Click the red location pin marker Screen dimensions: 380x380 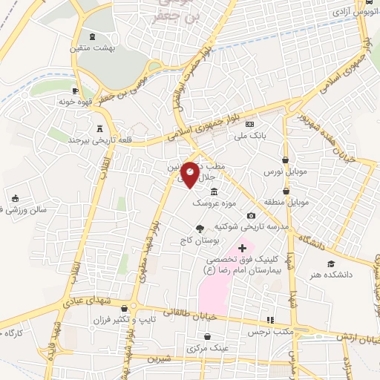click(x=190, y=173)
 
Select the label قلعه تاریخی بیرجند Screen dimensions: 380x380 click(x=78, y=139)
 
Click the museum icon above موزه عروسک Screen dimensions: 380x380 click(x=214, y=191)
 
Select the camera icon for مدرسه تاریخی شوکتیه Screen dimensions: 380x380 click(x=250, y=215)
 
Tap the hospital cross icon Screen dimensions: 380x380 click(x=241, y=246)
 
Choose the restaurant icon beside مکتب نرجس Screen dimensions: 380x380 click(x=270, y=319)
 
